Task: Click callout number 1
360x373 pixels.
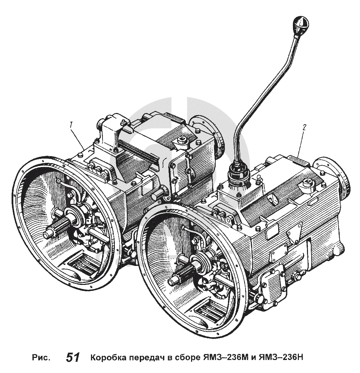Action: (x=71, y=124)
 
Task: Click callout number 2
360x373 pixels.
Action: (x=304, y=127)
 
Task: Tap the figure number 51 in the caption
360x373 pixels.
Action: (x=73, y=358)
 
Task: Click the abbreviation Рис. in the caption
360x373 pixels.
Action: (x=41, y=358)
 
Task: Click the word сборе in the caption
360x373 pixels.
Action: (x=185, y=358)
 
